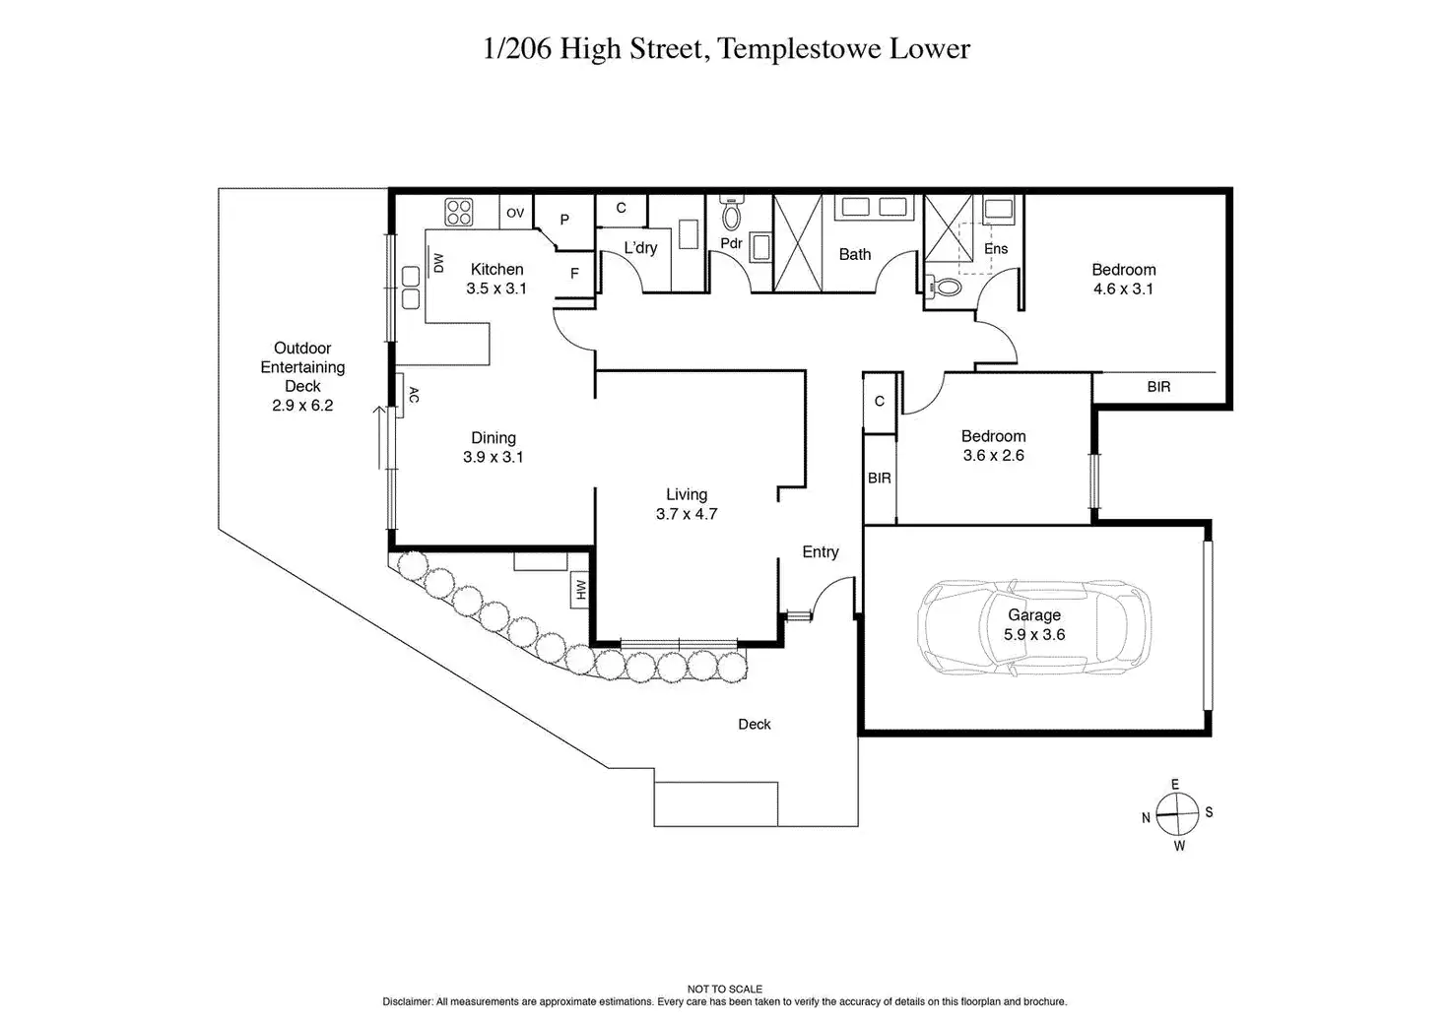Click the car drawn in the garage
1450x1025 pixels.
tap(1033, 627)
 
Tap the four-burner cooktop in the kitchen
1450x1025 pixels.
tap(458, 213)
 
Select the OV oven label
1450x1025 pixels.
tap(515, 213)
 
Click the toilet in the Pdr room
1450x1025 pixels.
tap(732, 213)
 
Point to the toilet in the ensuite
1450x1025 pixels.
tap(945, 286)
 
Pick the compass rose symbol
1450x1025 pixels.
tap(1177, 814)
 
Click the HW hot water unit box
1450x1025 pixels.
tap(580, 590)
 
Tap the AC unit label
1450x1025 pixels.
tap(415, 395)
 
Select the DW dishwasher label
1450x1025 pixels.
tap(438, 263)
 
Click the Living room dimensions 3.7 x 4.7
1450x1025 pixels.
tap(687, 514)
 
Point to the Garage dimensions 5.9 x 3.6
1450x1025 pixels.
tap(1034, 635)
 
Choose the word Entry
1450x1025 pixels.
tap(821, 552)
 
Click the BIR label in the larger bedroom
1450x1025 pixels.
tap(1158, 387)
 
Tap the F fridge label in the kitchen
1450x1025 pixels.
tap(574, 274)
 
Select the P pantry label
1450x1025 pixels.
tap(564, 220)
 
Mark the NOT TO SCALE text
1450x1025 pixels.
tap(725, 989)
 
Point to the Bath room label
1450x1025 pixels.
tap(855, 254)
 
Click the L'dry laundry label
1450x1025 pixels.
tap(641, 248)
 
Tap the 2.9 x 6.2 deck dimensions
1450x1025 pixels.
tap(302, 406)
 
